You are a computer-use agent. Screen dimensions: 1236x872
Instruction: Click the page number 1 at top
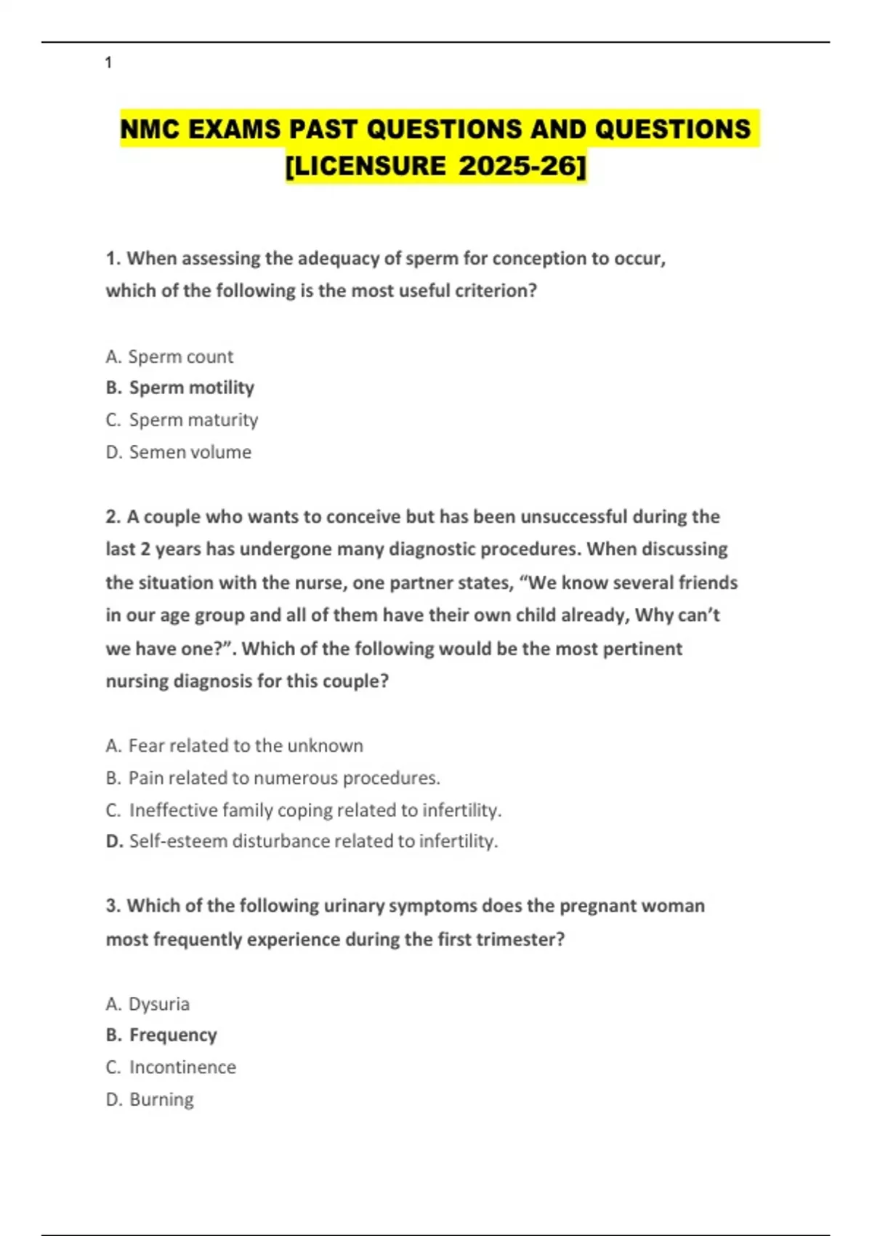[108, 63]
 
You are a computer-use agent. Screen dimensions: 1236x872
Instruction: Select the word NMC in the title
[149, 129]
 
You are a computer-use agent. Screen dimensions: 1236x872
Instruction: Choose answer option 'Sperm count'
[180, 357]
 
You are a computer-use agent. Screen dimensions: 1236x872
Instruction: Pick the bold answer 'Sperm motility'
[191, 388]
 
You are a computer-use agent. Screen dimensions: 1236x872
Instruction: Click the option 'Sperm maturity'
[193, 420]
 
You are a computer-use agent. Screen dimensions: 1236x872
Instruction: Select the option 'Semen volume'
[190, 452]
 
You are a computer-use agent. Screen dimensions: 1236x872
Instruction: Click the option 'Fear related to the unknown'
[246, 746]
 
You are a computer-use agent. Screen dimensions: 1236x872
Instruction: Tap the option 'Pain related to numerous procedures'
[283, 778]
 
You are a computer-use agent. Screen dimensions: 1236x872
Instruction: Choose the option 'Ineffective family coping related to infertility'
[315, 810]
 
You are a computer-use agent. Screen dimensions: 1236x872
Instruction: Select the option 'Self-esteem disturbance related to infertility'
[313, 841]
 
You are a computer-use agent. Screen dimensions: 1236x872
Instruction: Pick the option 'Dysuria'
[158, 1004]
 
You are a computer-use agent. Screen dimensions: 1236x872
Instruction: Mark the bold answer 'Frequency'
[173, 1035]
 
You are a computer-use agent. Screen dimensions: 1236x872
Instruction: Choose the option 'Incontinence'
[182, 1067]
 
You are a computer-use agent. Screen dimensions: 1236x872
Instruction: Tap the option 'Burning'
[161, 1099]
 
